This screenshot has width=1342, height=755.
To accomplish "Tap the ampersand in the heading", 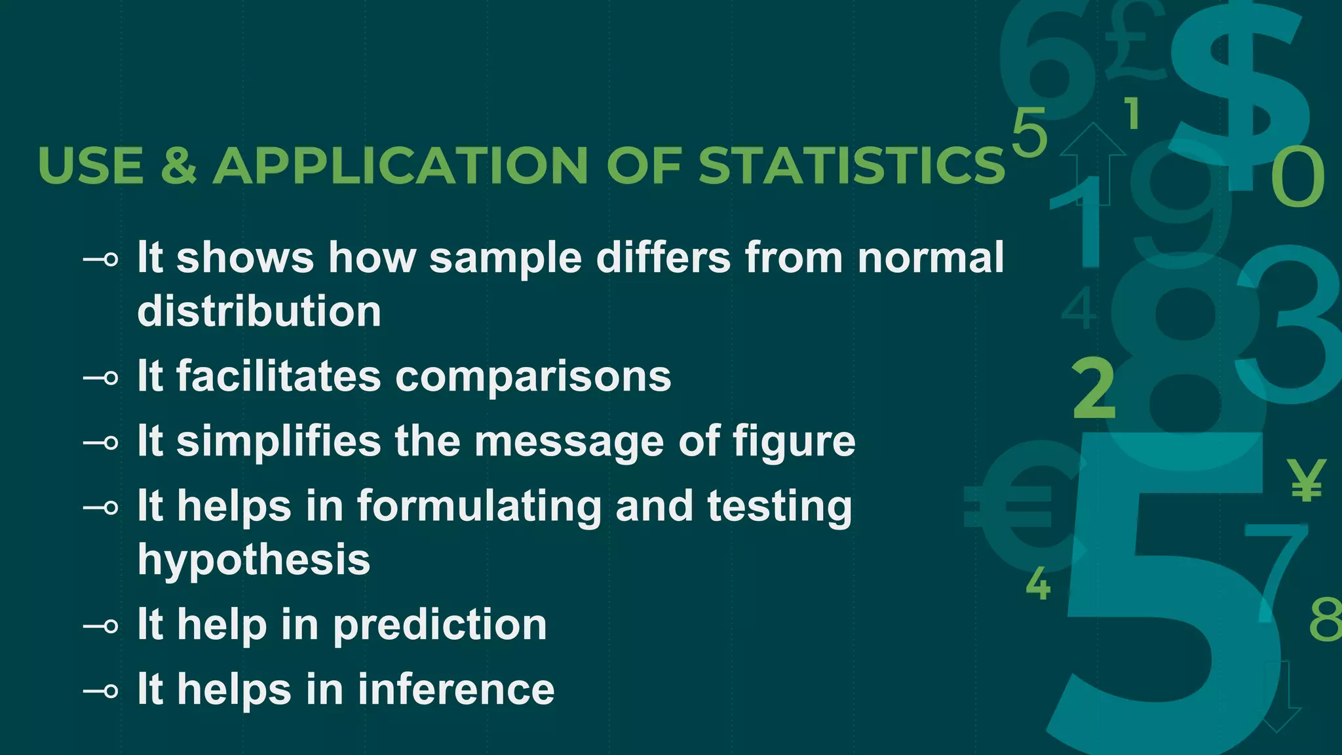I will point(178,165).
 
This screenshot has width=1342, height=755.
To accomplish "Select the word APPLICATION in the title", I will point(400,165).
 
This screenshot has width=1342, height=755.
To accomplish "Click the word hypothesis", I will point(254,560).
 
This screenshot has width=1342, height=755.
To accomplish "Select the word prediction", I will point(440,625).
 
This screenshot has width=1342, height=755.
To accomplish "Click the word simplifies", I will point(278,441).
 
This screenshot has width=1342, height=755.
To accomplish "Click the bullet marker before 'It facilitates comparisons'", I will point(102,378).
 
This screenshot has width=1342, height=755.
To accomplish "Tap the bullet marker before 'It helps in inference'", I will point(102,691).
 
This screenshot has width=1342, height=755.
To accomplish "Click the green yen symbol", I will point(1306,480).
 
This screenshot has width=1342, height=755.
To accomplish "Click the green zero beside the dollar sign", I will point(1297,177).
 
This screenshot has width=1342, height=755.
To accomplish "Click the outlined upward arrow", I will point(1092,161).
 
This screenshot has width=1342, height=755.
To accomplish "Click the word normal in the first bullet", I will point(930,258).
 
